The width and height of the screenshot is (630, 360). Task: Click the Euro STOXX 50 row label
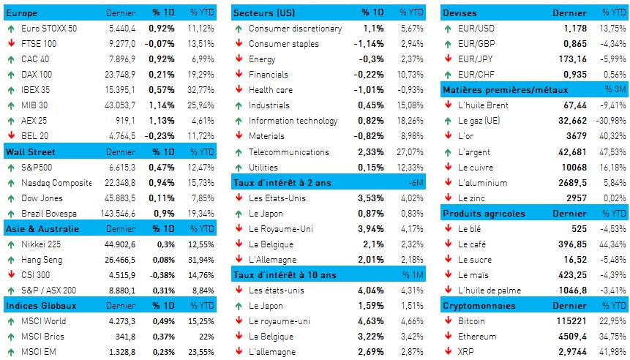50,29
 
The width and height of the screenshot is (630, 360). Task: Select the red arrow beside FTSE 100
10,44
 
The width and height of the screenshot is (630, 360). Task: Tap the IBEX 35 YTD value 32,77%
201,90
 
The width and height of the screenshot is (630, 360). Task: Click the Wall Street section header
30,152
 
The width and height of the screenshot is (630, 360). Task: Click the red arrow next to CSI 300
10,275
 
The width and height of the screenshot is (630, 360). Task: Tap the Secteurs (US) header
264,13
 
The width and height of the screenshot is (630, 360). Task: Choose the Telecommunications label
288,152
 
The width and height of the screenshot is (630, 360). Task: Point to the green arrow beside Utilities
239,168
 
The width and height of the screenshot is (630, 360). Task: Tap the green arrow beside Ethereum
448,337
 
